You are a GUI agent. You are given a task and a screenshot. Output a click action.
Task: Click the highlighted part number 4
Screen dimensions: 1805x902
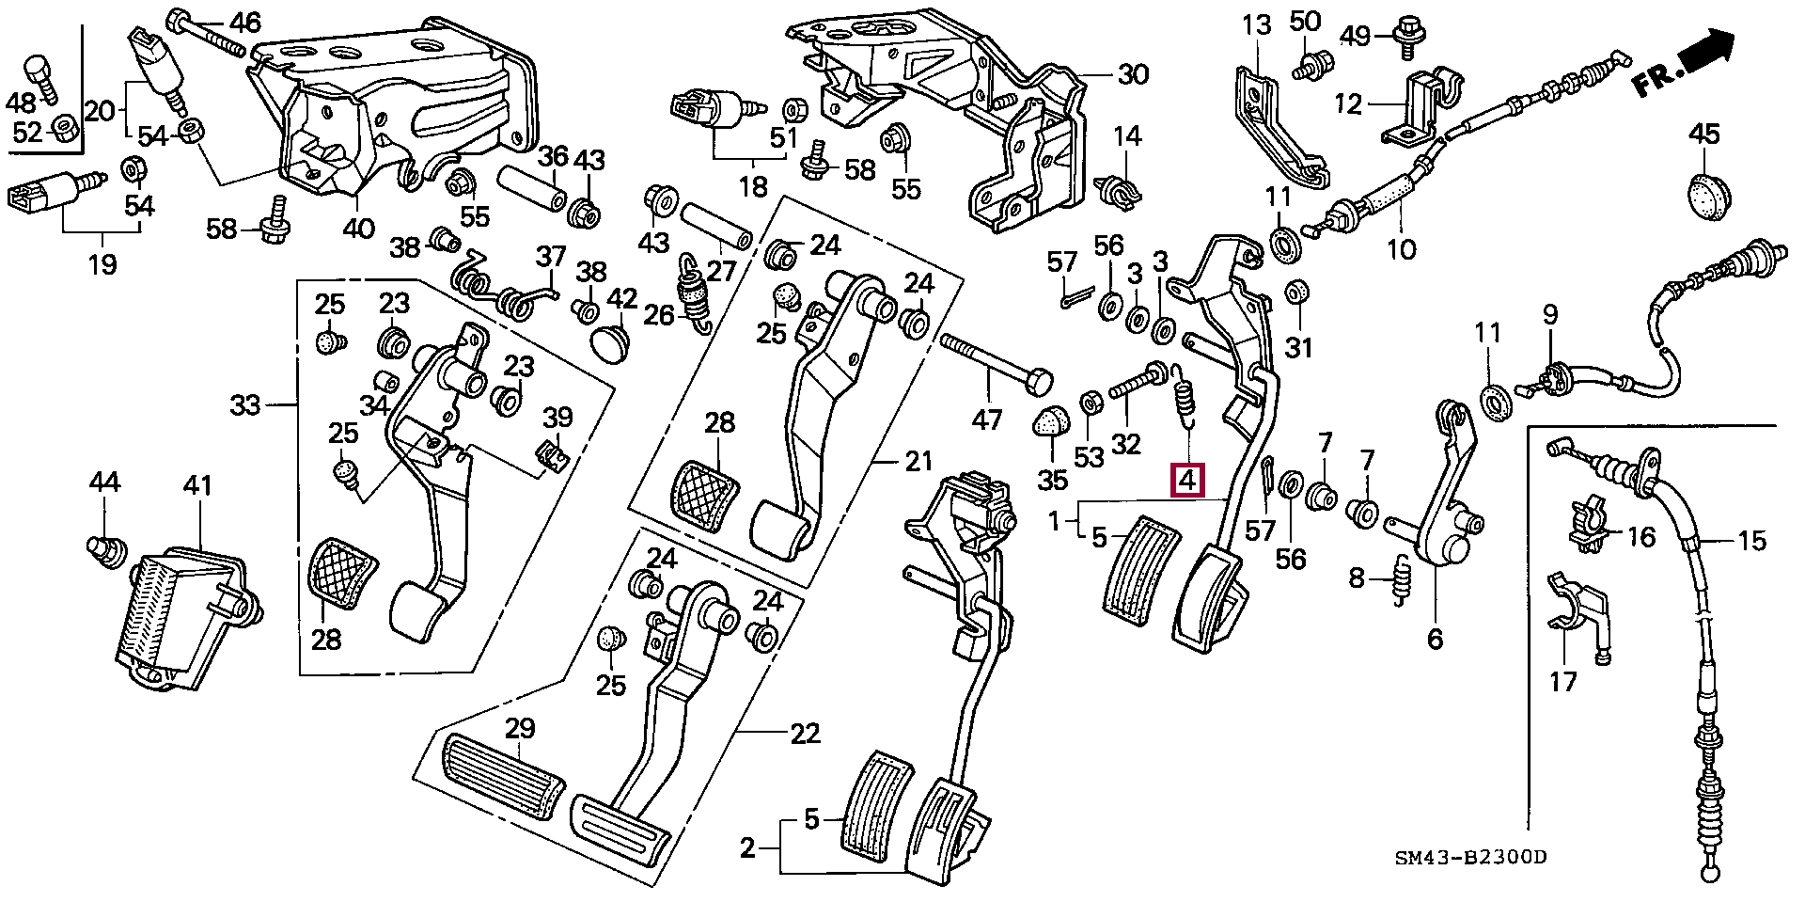1186,480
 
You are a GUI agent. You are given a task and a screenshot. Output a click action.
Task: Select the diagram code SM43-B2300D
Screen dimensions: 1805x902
1470,858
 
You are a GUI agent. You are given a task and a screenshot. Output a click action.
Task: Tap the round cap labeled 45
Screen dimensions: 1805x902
1704,193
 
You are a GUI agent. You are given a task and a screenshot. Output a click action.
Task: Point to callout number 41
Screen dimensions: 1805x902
197,486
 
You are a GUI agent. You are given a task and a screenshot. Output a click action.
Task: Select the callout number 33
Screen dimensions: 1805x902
246,406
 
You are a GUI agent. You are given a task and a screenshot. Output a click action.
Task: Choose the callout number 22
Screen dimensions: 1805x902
805,734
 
